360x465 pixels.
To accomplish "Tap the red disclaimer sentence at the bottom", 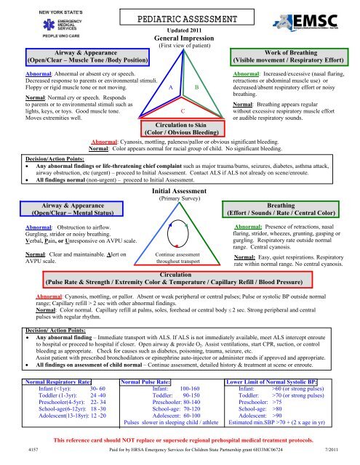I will [x=180, y=442].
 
